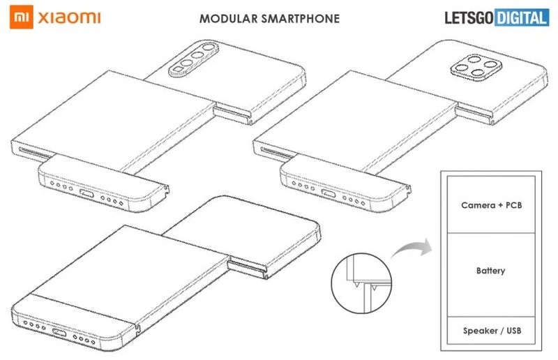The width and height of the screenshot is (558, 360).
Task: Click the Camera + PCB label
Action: tap(491, 206)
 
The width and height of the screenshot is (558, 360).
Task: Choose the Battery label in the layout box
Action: tap(492, 270)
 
